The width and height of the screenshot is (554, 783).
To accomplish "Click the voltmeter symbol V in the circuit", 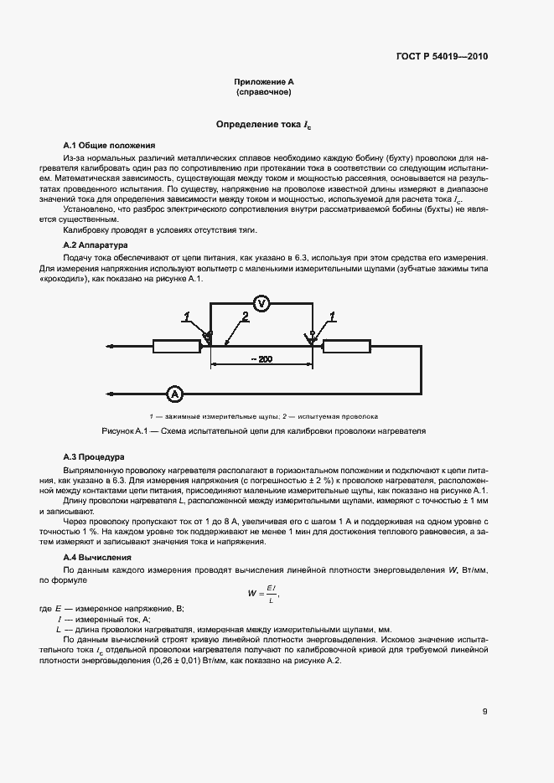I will pyautogui.click(x=260, y=304).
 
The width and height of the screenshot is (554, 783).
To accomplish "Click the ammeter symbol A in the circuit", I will pyautogui.click(x=174, y=393).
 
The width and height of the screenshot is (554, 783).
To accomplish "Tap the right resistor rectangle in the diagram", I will pyautogui.click(x=347, y=345).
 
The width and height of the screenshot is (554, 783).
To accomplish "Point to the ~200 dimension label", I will pyautogui.click(x=261, y=359).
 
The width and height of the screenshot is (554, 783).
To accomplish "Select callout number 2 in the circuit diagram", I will pyautogui.click(x=245, y=317).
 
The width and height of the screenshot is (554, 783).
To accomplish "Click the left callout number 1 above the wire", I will pyautogui.click(x=189, y=317).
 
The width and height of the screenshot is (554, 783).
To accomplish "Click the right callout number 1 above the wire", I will pyautogui.click(x=333, y=317).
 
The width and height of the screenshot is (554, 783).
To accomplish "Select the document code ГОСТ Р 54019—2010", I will pyautogui.click(x=441, y=57).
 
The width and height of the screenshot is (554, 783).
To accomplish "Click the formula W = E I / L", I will pyautogui.click(x=263, y=595).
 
